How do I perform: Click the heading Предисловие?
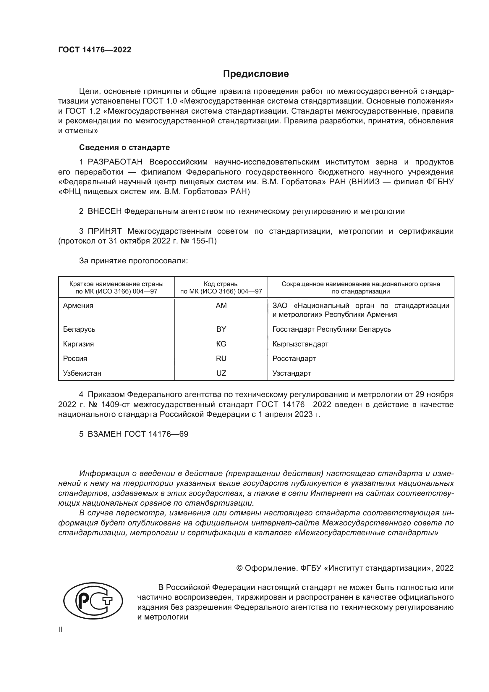[256, 74]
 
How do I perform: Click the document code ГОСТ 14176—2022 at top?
[95, 50]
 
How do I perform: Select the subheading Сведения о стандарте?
[124, 147]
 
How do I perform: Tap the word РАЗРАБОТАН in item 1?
[115, 162]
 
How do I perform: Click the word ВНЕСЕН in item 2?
[104, 211]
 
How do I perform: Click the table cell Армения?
[78, 306]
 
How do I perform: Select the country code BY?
[221, 329]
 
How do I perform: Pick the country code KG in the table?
[221, 344]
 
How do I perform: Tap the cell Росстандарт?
[294, 358]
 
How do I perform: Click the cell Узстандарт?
[292, 373]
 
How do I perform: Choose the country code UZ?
[221, 373]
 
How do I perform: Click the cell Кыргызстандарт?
[300, 344]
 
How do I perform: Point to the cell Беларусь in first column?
[79, 329]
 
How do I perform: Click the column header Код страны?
[221, 284]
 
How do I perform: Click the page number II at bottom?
[60, 630]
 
